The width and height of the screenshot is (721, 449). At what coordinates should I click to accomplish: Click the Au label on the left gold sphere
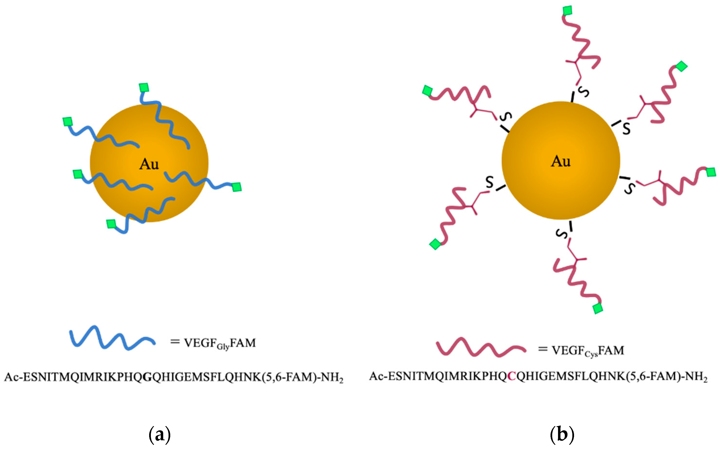pos(149,164)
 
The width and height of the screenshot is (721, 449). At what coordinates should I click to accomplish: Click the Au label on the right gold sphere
pos(561,161)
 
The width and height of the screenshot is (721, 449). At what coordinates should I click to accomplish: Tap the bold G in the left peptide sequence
pos(147,377)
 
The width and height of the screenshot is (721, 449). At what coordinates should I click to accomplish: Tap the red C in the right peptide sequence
pos(512,377)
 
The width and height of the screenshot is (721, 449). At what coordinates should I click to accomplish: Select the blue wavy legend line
pos(112,338)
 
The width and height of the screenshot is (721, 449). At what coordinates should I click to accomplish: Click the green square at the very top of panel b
pos(567,10)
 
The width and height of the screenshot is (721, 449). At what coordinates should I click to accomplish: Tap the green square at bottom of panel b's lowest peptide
pos(598,309)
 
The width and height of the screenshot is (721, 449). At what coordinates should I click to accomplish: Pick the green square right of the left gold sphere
pos(237,187)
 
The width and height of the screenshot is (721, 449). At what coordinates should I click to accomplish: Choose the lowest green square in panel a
pos(111,224)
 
